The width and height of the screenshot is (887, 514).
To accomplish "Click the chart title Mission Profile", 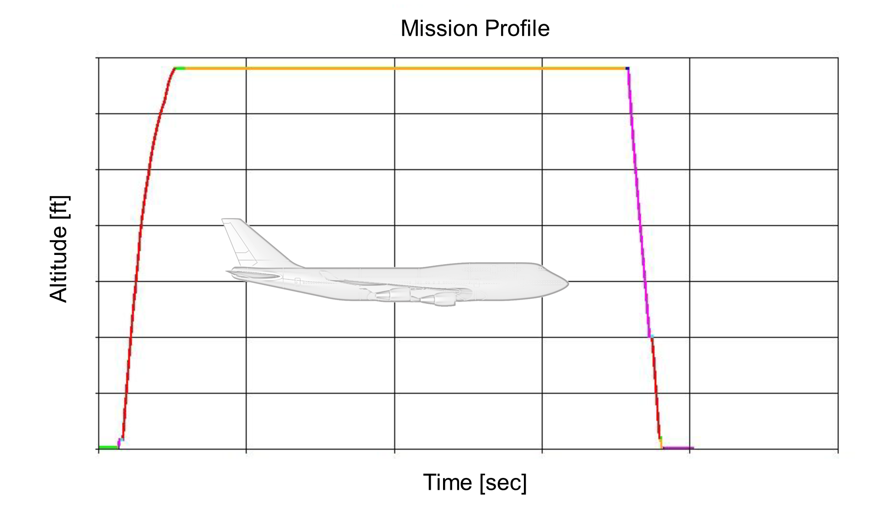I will (x=475, y=28).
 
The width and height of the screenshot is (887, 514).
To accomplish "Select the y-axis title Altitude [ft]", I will (x=59, y=249).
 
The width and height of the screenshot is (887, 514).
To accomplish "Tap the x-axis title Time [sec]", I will (x=475, y=482).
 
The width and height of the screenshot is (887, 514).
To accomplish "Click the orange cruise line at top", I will (x=402, y=68).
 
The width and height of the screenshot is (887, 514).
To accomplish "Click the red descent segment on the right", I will (x=655, y=388).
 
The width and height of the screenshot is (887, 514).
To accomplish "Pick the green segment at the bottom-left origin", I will (x=108, y=447).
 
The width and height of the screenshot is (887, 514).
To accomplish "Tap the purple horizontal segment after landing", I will (x=678, y=448).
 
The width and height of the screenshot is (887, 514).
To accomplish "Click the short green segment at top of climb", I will (x=180, y=68).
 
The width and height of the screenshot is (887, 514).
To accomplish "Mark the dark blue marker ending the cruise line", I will (x=628, y=69).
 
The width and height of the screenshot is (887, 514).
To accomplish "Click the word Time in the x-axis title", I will (x=447, y=482).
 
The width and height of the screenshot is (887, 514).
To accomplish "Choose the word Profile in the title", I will (x=517, y=28).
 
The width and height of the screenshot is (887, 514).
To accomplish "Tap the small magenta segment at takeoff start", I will (x=119, y=442).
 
